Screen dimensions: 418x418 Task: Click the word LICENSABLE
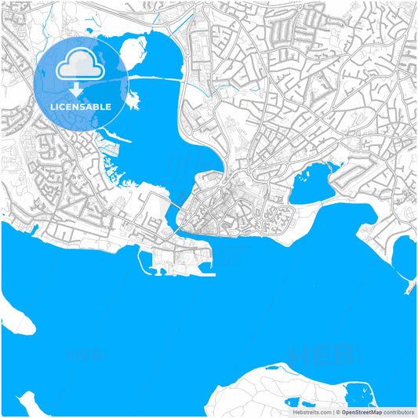click(x=81, y=106)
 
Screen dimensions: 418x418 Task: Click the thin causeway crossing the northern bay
click(x=157, y=79)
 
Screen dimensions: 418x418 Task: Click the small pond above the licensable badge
click(x=69, y=32)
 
